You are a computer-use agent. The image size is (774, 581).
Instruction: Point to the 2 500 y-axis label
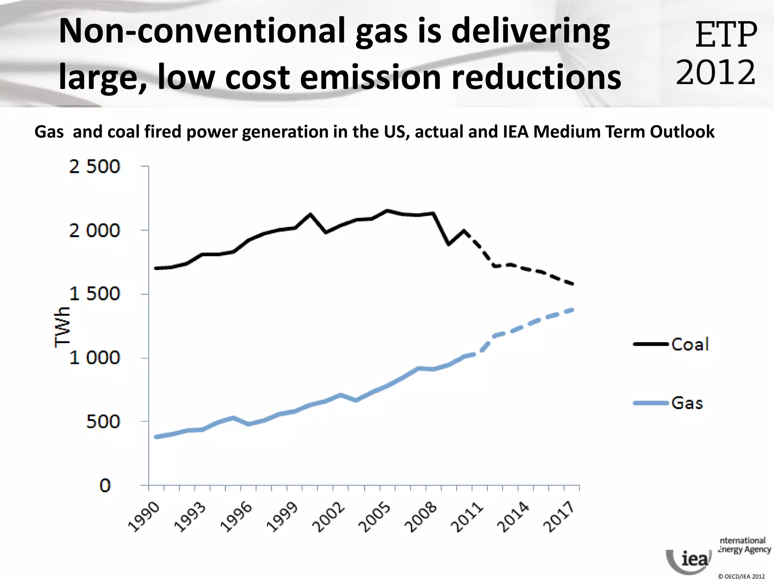tap(94, 167)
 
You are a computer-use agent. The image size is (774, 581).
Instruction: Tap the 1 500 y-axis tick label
tap(94, 294)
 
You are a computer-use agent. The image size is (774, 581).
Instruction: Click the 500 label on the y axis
tap(103, 421)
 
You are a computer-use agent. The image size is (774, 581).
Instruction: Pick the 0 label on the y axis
tap(105, 485)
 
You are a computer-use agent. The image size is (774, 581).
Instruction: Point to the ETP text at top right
tap(726, 35)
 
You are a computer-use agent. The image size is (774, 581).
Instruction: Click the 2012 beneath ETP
tap(715, 72)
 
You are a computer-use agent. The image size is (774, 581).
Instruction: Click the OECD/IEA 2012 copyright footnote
tap(741, 576)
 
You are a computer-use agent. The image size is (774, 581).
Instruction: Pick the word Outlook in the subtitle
tap(682, 132)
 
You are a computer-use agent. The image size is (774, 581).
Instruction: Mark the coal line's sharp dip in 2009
tap(449, 244)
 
